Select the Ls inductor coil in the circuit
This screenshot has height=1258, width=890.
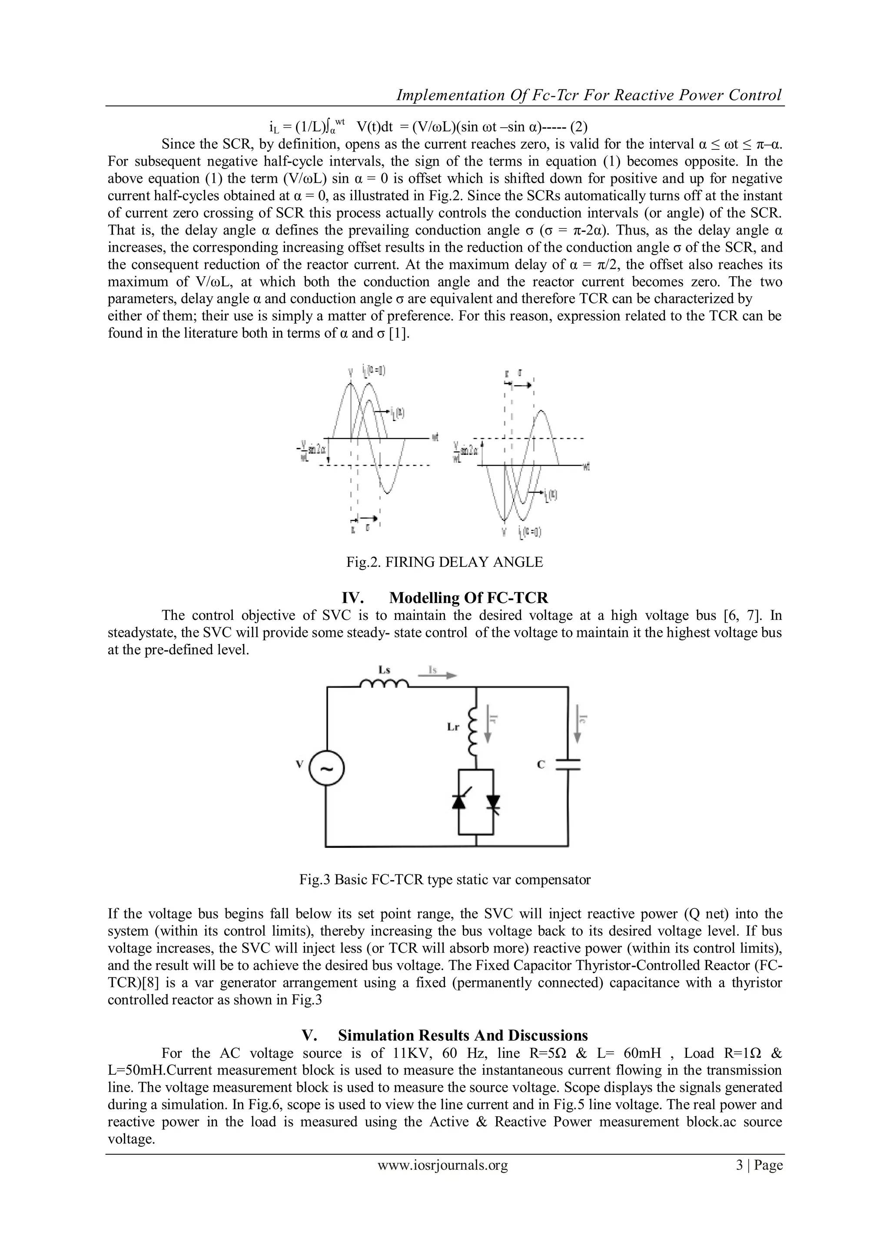(x=384, y=683)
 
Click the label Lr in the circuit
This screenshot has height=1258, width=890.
(x=453, y=729)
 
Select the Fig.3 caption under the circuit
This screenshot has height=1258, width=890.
(x=445, y=879)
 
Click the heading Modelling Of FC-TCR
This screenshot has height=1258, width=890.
(x=468, y=597)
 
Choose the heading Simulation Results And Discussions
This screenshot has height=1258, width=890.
(x=462, y=1035)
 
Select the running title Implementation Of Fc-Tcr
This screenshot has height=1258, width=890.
(x=588, y=95)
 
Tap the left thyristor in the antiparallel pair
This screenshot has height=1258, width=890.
(x=458, y=801)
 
